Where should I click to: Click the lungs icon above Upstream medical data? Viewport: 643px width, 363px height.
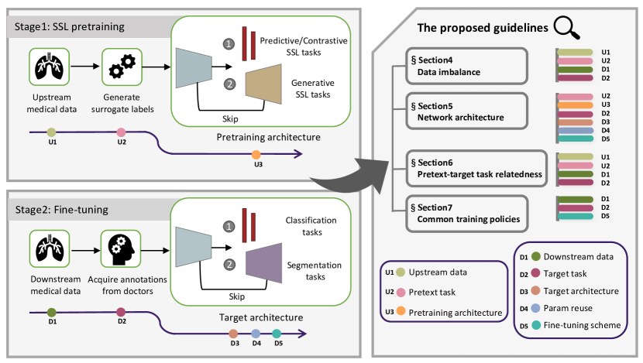pos(50,67)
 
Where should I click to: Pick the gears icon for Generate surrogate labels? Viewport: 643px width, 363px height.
pos(119,67)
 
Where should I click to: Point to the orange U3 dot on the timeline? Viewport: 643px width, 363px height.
pos(256,155)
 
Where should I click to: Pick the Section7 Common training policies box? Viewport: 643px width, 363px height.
pos(466,213)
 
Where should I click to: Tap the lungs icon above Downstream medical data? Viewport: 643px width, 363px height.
pos(50,245)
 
